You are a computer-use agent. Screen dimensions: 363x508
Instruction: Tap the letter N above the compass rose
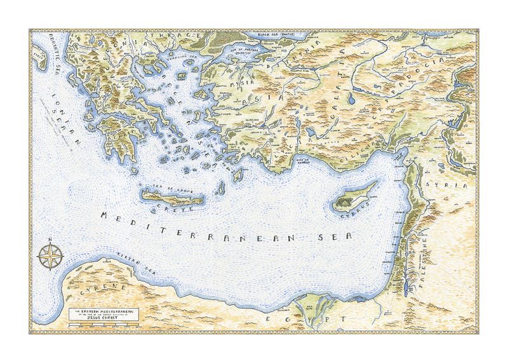point(48,241)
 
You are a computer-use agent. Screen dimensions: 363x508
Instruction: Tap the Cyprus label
point(355,215)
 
